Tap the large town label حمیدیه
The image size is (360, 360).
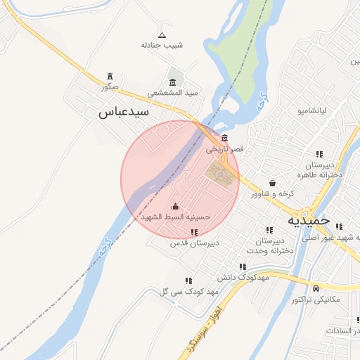(309, 220)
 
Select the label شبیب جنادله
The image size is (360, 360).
(162, 45)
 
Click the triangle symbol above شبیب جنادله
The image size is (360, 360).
(162, 34)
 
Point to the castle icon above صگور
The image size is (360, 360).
(109, 76)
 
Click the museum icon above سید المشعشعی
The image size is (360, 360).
(173, 82)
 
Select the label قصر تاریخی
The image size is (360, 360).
(224, 149)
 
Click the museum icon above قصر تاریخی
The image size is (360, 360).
(224, 138)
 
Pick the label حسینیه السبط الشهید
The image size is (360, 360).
(176, 217)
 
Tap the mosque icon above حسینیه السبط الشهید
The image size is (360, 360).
(175, 207)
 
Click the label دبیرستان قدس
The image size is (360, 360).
(195, 243)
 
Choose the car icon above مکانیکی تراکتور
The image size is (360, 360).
(316, 288)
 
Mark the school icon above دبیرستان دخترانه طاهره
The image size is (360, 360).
(319, 155)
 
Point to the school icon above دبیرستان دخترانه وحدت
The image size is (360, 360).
(269, 230)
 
